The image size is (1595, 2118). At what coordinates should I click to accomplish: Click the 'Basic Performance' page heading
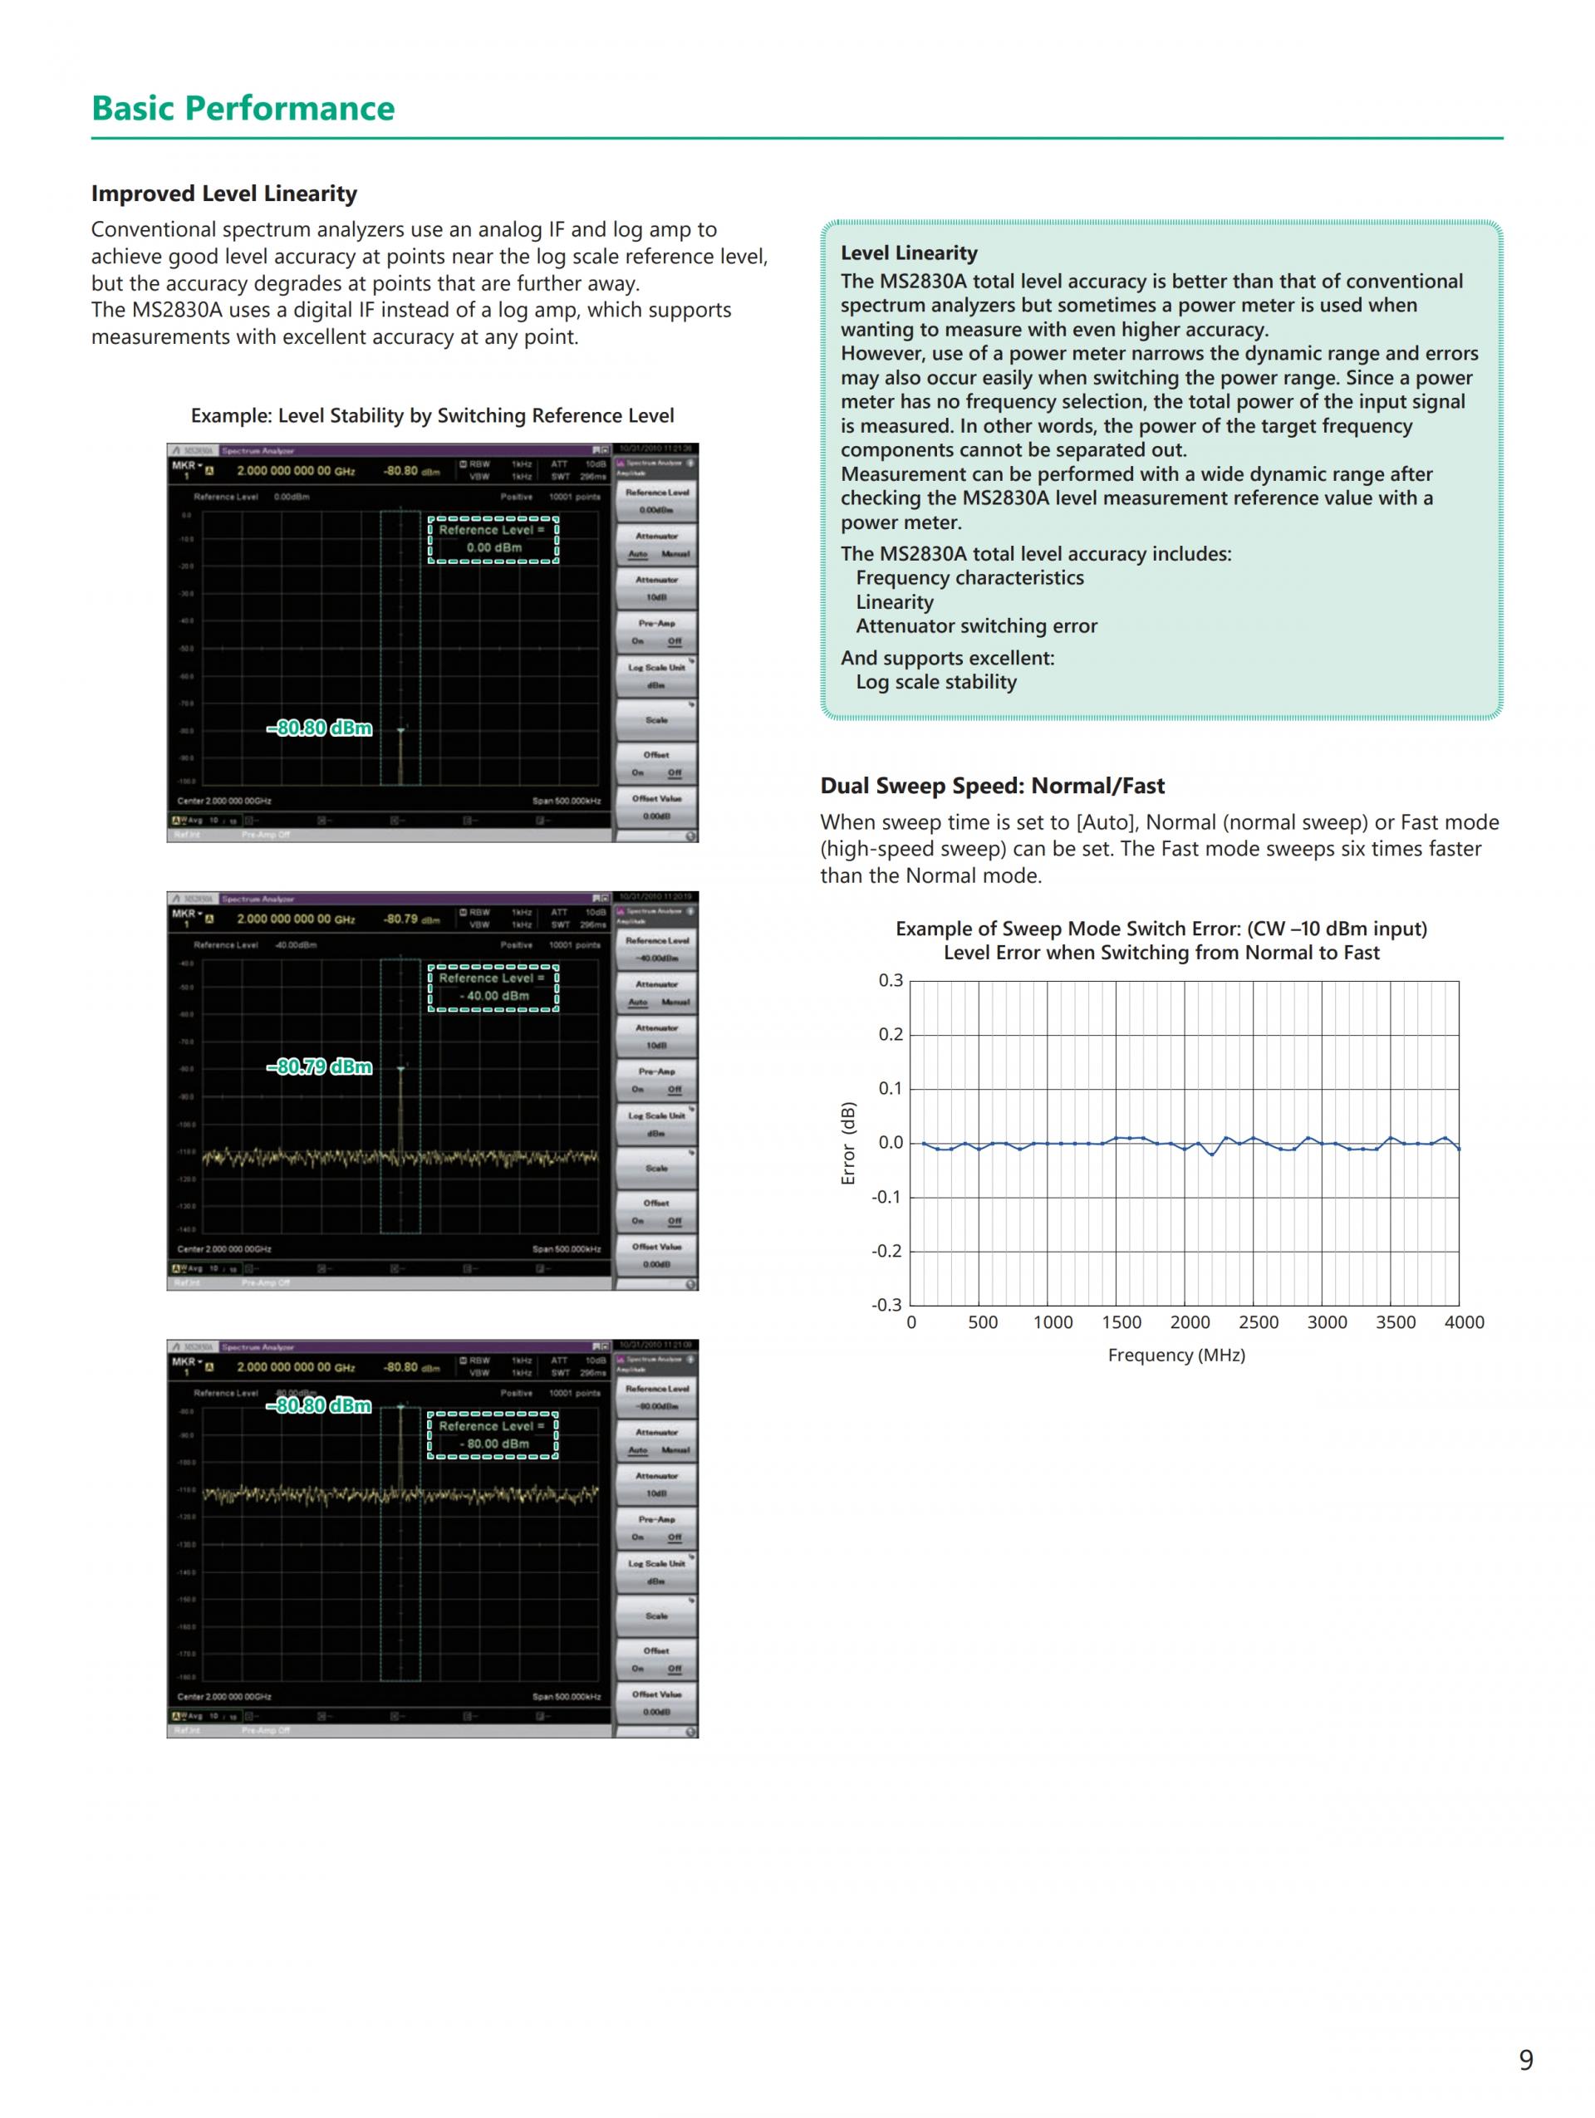243,108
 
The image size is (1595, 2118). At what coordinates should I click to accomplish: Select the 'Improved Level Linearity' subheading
224,194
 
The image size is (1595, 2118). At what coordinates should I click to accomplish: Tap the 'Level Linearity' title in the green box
909,252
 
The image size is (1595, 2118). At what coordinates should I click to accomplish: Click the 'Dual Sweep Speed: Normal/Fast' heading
992,786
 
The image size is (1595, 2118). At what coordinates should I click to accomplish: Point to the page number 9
1525,2059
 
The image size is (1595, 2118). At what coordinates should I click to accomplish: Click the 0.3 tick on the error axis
891,980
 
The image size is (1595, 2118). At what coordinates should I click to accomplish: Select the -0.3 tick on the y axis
886,1305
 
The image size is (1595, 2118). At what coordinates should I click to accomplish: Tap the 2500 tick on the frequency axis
1258,1322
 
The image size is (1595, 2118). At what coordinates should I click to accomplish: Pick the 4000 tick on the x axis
1464,1322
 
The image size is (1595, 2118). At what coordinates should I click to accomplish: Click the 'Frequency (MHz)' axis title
1175,1355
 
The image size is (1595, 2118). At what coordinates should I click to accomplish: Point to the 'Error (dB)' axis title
847,1143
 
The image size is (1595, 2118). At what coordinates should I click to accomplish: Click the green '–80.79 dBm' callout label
320,1066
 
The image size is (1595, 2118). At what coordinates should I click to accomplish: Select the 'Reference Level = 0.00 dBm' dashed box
493,539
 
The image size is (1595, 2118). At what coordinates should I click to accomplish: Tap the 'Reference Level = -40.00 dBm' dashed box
493,988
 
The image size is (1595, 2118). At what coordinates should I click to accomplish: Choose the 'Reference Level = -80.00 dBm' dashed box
493,1435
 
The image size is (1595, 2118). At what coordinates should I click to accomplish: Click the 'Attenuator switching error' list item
975,626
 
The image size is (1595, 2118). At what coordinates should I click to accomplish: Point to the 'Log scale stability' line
935,683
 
